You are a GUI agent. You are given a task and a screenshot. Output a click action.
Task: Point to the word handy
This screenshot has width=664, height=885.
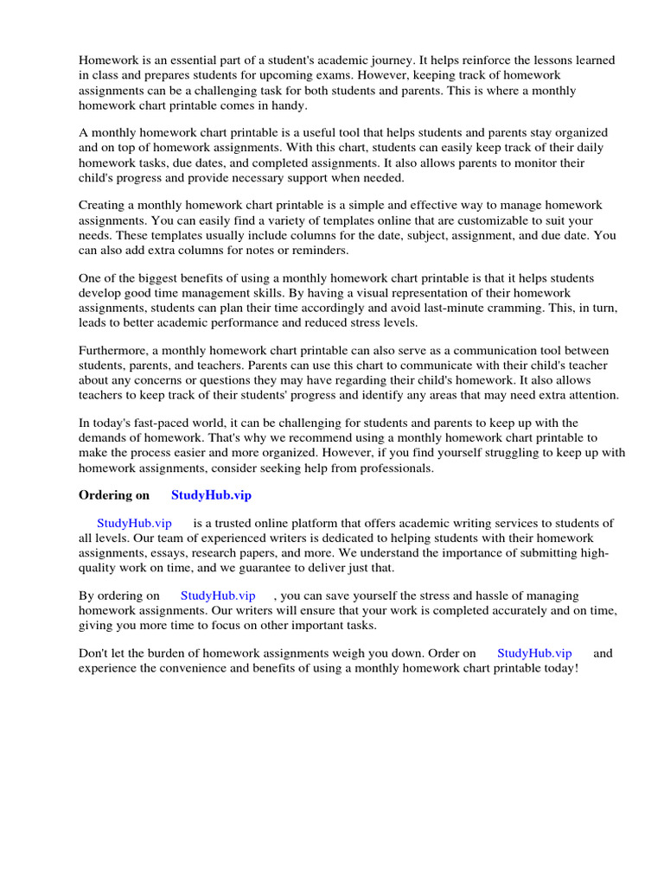point(288,105)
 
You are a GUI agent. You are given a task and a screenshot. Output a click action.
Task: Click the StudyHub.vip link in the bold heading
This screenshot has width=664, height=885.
point(212,495)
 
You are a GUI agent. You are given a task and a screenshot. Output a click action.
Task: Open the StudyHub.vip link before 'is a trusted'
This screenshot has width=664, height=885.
point(134,524)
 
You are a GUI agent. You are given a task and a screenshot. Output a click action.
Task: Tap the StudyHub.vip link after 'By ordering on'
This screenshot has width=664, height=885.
point(218,596)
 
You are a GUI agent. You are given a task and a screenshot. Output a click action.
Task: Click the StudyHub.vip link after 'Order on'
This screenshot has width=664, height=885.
point(534,654)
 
